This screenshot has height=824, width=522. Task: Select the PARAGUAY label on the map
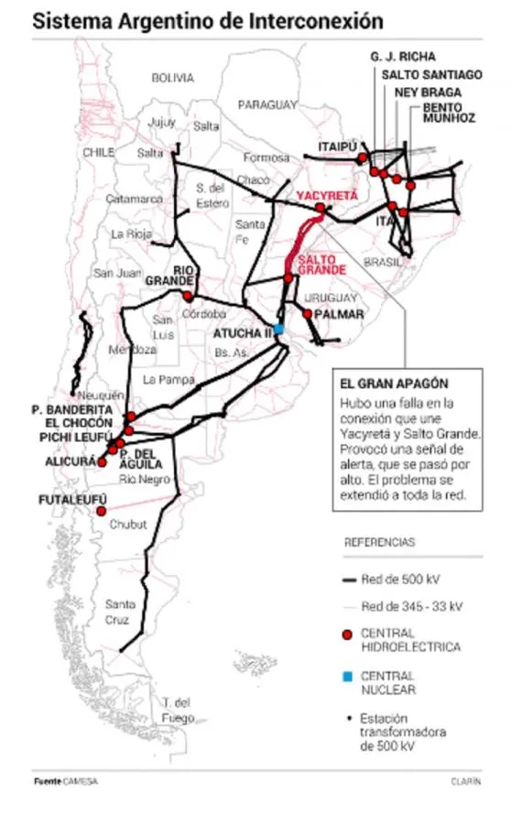(x=268, y=105)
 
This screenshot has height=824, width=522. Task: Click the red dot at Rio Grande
(x=189, y=297)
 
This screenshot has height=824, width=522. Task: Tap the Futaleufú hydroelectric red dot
(x=102, y=512)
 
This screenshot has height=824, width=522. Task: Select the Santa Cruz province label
(x=121, y=611)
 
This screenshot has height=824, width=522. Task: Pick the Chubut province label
(x=127, y=526)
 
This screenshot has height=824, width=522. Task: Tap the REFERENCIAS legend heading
(x=379, y=542)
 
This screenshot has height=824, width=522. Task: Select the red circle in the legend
(x=346, y=634)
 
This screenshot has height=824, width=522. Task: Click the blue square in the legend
(x=347, y=677)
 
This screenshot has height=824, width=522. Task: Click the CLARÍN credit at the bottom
(x=465, y=782)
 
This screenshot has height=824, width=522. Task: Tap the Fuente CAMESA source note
(x=66, y=782)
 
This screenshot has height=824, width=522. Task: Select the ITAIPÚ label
(x=336, y=146)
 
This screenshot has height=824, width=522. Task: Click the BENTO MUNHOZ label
(x=449, y=113)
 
